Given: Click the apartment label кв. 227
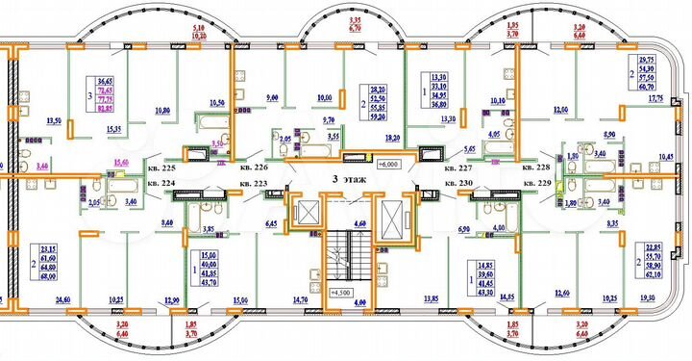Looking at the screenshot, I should (461, 166).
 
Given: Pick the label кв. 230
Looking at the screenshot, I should (461, 181).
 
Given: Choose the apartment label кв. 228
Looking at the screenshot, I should (537, 165).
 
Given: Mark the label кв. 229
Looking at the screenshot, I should (537, 181).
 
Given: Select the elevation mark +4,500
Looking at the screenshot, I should (342, 292).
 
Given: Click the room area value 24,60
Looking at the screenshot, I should (63, 300).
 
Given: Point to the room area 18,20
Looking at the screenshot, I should (393, 139).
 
